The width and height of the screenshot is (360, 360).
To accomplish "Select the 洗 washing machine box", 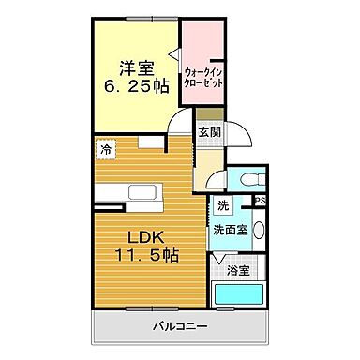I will (x=222, y=205).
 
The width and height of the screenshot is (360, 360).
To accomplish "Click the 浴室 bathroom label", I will (x=237, y=271).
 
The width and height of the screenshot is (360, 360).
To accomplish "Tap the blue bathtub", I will (x=239, y=295).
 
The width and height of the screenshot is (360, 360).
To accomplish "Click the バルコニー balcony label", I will (x=180, y=327).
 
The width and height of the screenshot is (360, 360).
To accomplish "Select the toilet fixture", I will (x=248, y=179).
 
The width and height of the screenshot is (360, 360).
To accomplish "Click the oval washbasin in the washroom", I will (x=260, y=232).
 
